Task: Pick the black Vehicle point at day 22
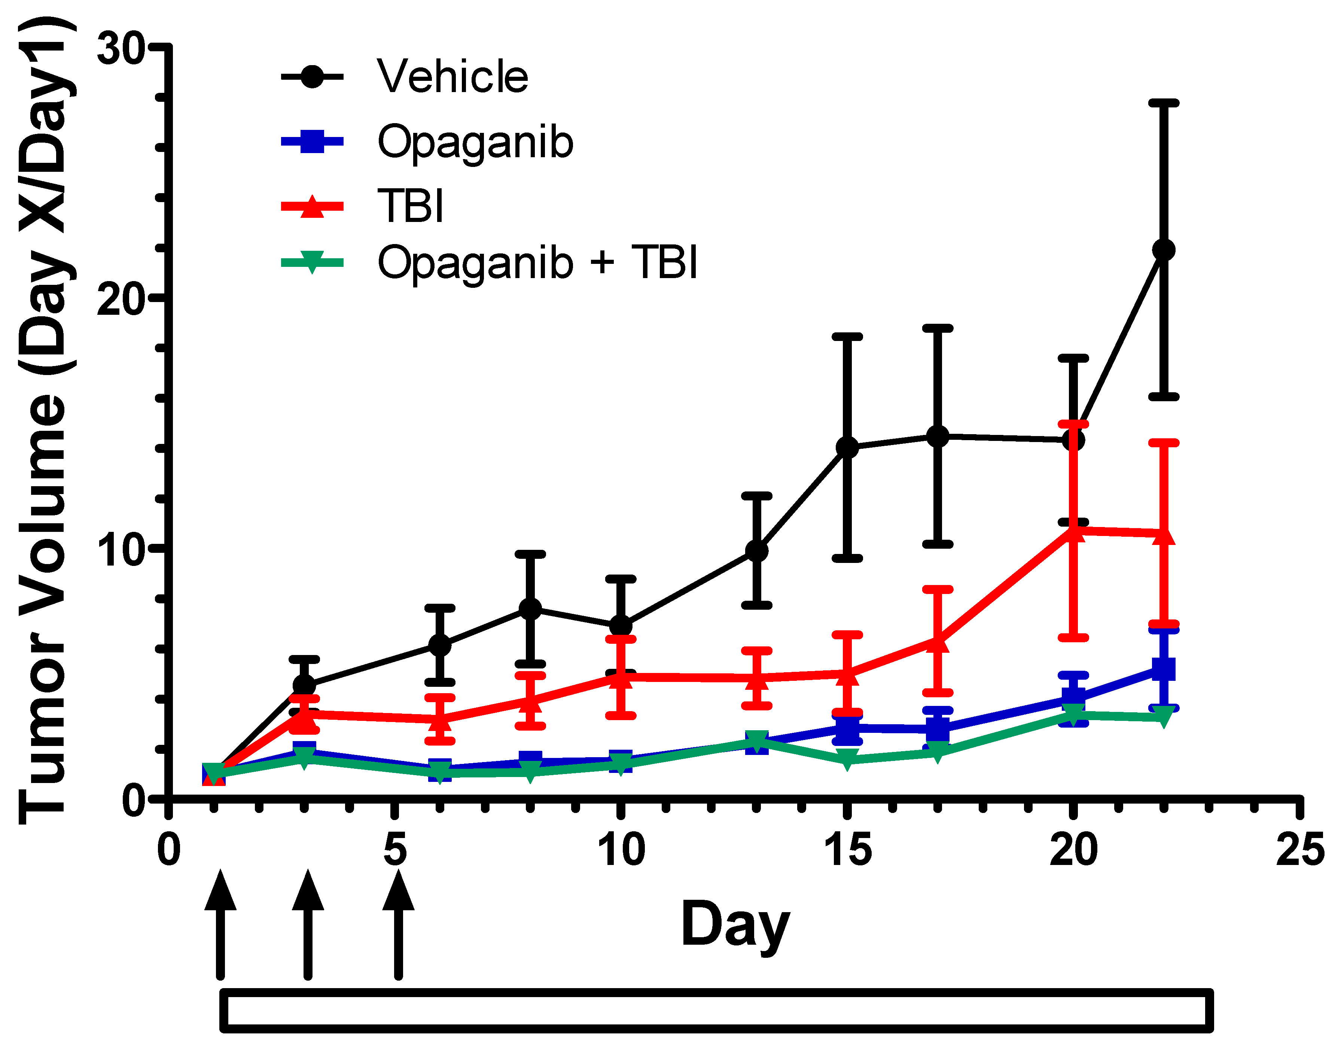tap(1163, 250)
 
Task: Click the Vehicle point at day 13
tap(757, 550)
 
